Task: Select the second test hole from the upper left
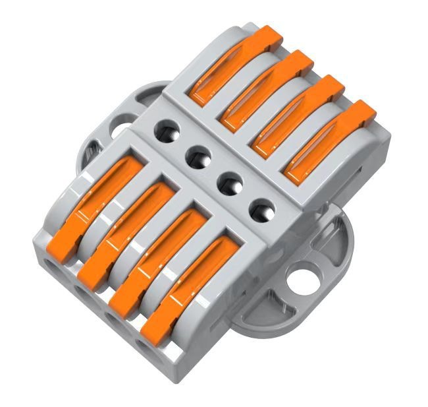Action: [x=197, y=157]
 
